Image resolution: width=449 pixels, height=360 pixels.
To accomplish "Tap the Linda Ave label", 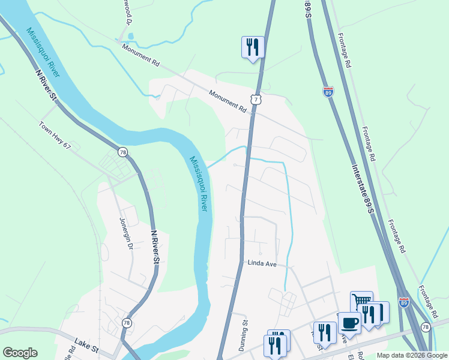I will coord(261,263).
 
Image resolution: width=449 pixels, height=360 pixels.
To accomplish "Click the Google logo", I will coord(20,353).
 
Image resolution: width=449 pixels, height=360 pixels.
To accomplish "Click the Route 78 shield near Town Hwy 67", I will coord(122,153).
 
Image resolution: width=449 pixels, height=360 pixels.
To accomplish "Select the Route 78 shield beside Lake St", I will coord(127,323).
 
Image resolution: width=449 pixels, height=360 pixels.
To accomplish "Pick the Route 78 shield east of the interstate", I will coord(426,327).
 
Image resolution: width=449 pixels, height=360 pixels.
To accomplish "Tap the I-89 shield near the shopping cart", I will coord(405,304).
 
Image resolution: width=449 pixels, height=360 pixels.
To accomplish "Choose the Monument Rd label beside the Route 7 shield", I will coord(228,101).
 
